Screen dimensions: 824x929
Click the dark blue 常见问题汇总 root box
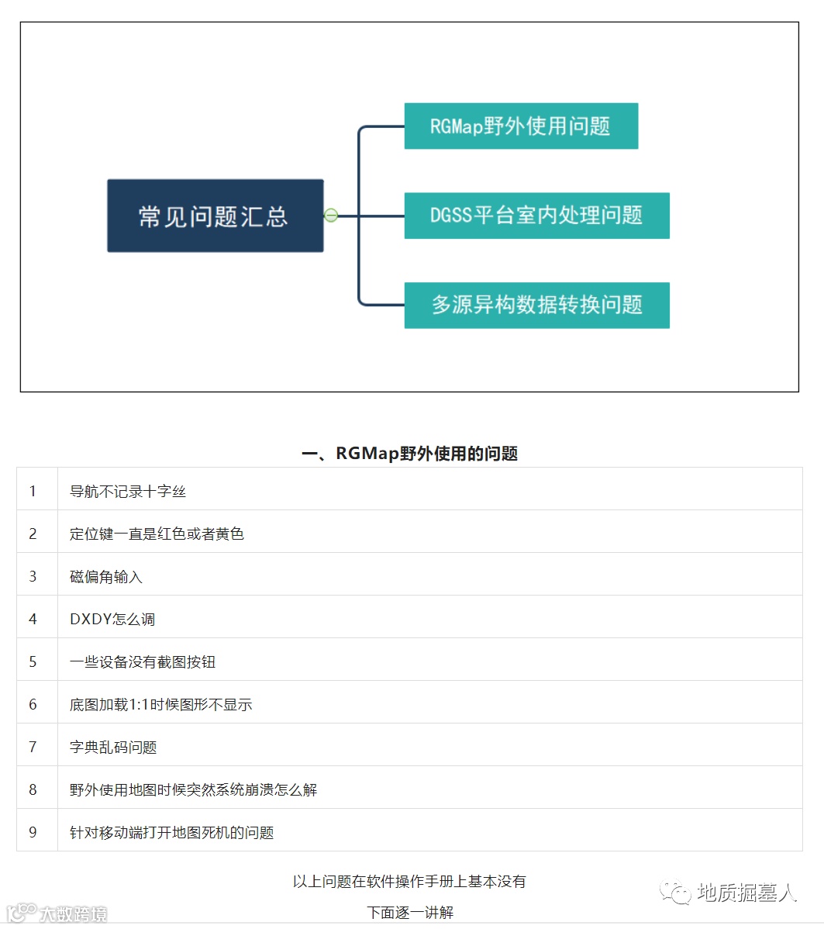tap(215, 216)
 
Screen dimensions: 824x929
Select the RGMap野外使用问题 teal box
tap(521, 126)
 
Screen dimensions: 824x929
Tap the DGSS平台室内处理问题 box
tap(536, 215)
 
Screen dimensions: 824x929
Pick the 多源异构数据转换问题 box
tap(536, 305)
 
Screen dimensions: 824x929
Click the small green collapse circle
tap(331, 216)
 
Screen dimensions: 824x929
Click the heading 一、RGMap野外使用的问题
tap(409, 454)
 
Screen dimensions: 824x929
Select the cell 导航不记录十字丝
tap(128, 491)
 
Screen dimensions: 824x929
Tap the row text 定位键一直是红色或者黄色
tap(157, 534)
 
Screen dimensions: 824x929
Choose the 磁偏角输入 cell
tap(106, 576)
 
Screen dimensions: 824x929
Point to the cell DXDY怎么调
tap(112, 619)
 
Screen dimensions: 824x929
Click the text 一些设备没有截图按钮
tap(143, 661)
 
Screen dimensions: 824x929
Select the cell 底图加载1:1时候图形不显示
tap(160, 704)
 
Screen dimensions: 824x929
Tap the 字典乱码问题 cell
tap(113, 747)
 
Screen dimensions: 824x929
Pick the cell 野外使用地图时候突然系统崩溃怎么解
tap(193, 789)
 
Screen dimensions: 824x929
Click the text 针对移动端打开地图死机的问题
tap(171, 832)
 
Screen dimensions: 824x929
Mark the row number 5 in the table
tap(33, 661)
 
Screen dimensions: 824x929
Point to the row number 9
tap(33, 832)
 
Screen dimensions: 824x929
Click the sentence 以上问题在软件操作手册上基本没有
tap(409, 881)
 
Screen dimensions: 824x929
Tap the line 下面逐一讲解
tap(410, 912)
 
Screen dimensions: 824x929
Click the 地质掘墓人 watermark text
tap(746, 893)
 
